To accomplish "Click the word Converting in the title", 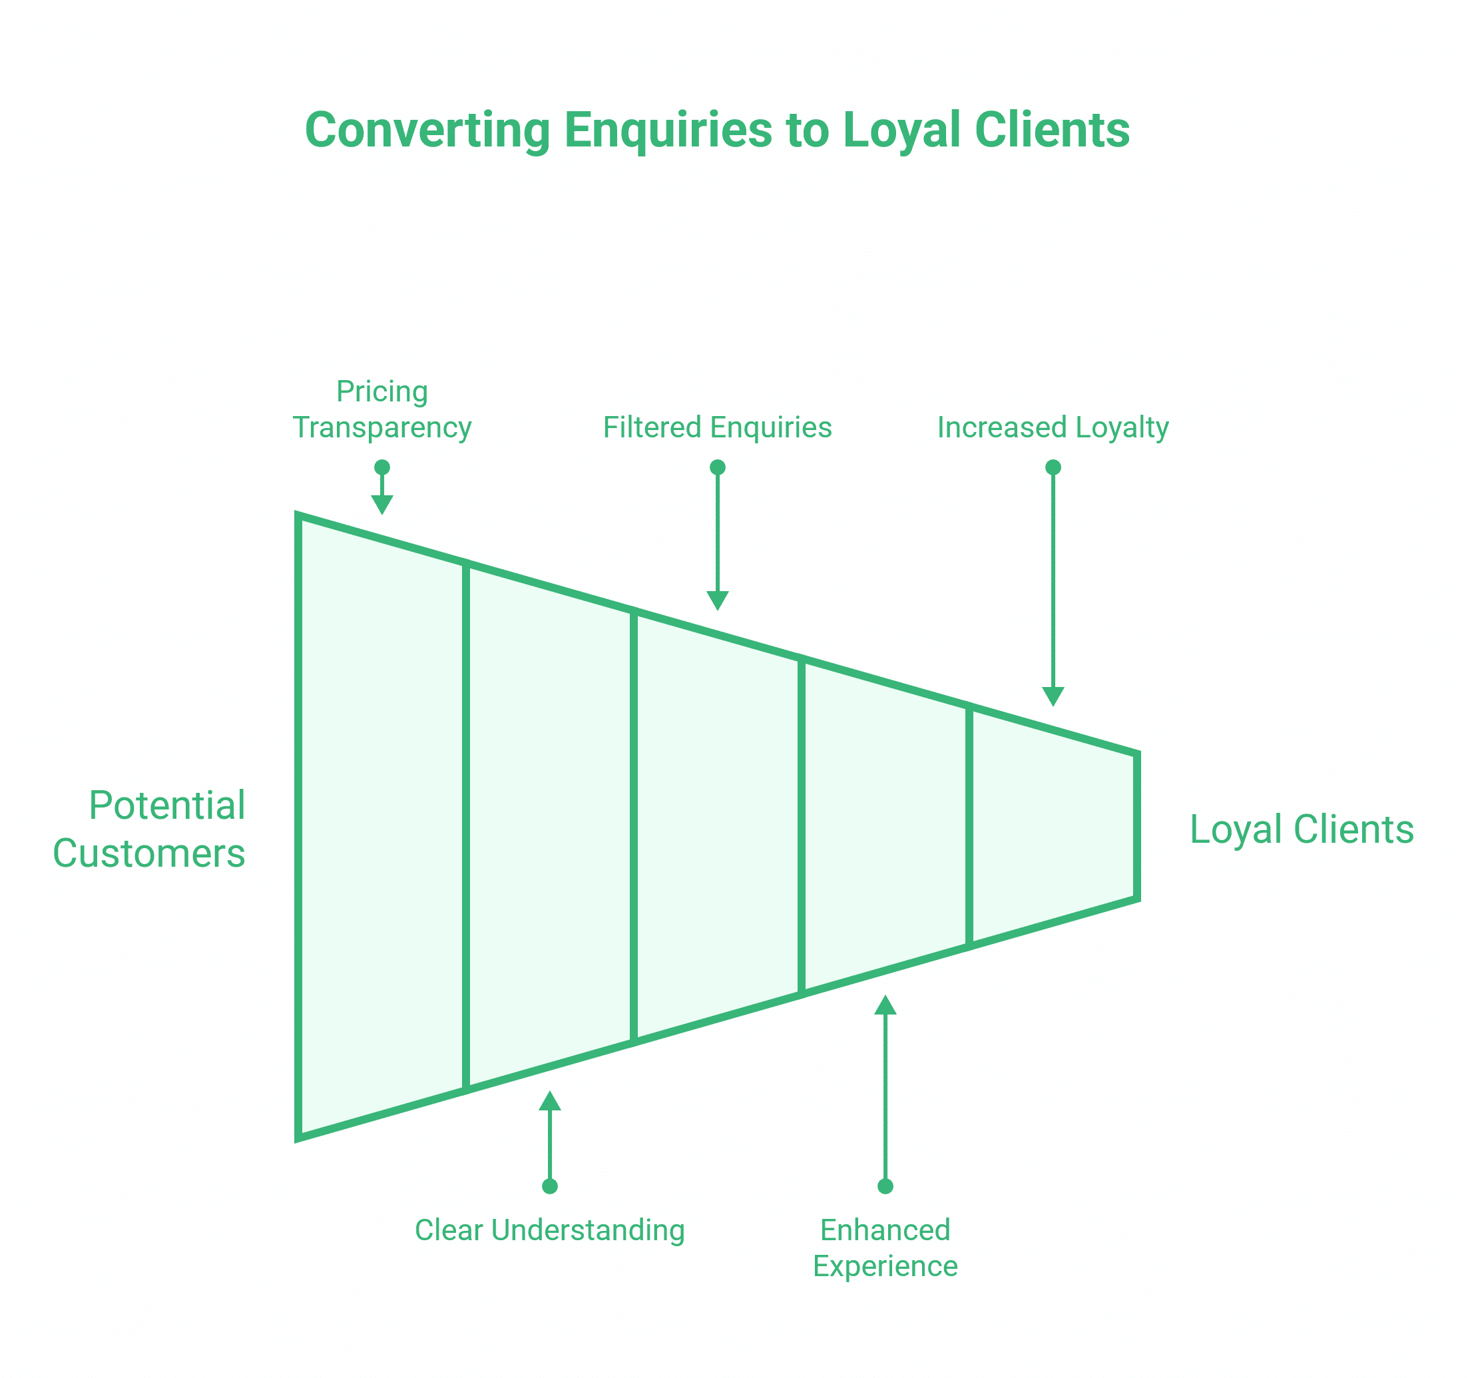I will (x=427, y=130).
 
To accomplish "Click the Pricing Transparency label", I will (x=381, y=410).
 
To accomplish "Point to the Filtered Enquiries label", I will (x=717, y=427).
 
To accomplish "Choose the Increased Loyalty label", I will (x=1053, y=427).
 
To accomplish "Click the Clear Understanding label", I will (x=549, y=1230).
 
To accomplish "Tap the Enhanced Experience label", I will (x=885, y=1248).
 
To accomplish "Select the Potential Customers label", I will (x=150, y=829).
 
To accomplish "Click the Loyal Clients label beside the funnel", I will (x=1301, y=829).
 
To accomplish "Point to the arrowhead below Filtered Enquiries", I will (x=717, y=600).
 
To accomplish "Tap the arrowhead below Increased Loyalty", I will (x=1053, y=696).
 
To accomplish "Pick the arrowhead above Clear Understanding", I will (x=549, y=1101).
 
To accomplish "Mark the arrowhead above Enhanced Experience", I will (x=885, y=1006).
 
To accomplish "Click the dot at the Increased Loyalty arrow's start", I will (x=1053, y=467).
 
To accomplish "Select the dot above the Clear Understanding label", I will (x=549, y=1187).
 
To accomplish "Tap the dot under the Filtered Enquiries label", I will (x=717, y=467).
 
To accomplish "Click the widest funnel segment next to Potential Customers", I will (x=381, y=827).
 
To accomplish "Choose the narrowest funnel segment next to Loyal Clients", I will (x=1053, y=827).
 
